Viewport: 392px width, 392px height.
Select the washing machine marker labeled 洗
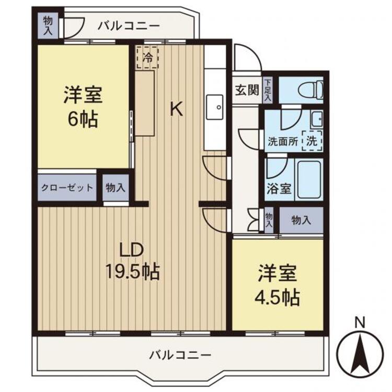[312, 140]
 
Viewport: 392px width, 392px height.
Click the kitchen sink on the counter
[215, 108]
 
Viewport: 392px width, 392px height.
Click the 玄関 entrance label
[246, 90]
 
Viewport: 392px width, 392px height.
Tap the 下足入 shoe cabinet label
[268, 90]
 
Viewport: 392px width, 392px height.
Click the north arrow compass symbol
[360, 353]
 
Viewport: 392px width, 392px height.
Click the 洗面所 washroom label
[282, 141]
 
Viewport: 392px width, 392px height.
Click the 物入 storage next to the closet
[115, 188]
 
